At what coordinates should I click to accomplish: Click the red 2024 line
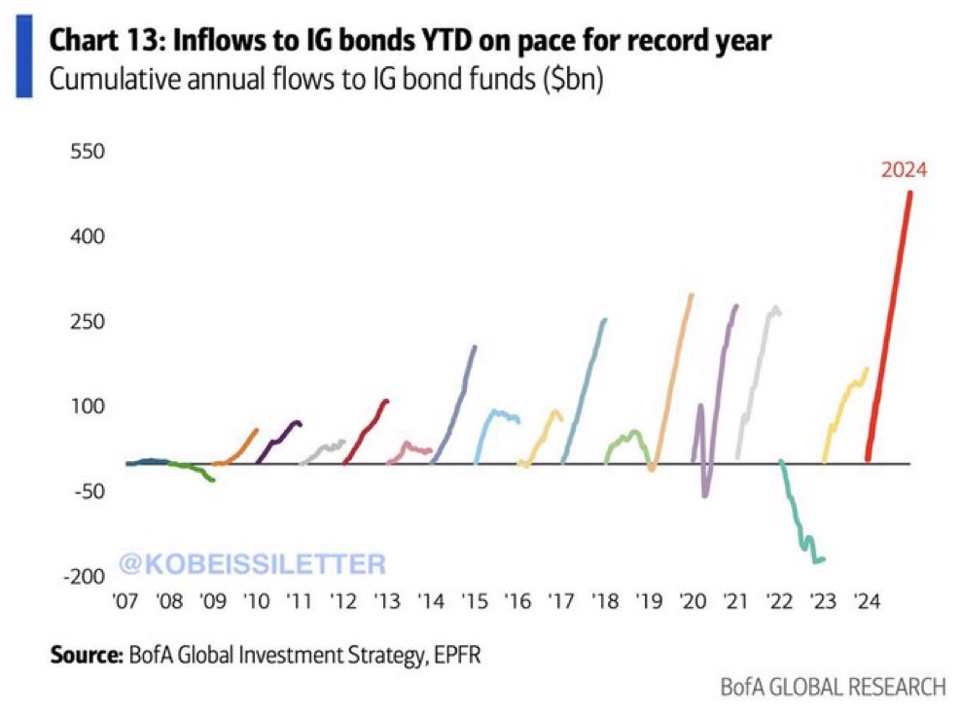890,321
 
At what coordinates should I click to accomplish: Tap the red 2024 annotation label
905,170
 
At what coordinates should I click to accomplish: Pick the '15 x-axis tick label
475,602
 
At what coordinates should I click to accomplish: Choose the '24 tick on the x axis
868,602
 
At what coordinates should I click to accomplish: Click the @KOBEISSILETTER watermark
251,562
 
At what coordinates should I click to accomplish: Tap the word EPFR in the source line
456,654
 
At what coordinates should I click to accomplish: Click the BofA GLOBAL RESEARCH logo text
832,688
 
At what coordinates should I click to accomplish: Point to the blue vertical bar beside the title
24,60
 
